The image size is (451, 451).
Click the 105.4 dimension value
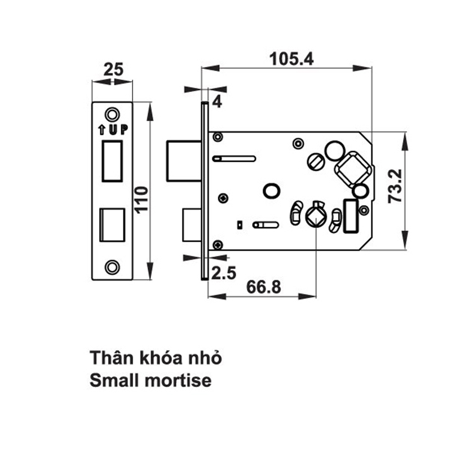[291, 58]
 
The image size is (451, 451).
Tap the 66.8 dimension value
[264, 288]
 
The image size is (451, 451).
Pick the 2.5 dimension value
[223, 274]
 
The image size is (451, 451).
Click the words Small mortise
[151, 381]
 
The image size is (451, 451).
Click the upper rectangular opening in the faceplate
[113, 161]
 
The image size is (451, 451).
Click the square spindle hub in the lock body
[352, 168]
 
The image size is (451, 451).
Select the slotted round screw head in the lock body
[316, 162]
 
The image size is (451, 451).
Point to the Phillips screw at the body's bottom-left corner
[217, 244]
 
